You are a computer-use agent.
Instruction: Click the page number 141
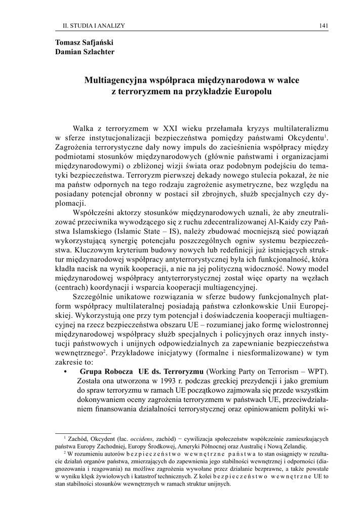click(x=323, y=25)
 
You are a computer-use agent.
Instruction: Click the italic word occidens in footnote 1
click(x=152, y=439)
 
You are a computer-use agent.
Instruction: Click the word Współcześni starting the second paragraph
click(x=95, y=211)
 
